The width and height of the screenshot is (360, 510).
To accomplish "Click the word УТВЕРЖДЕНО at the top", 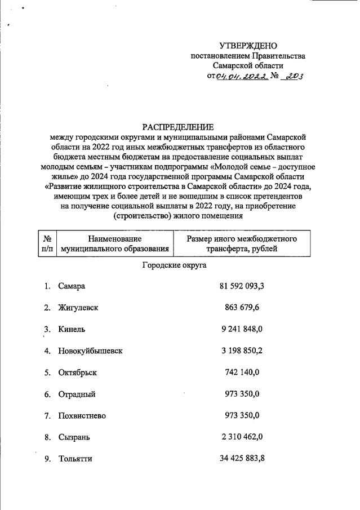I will pyautogui.click(x=248, y=46).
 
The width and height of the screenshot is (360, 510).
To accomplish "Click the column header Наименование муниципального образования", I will pyautogui.click(x=115, y=243).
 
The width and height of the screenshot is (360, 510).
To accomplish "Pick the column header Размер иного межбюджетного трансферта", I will pyautogui.click(x=242, y=243).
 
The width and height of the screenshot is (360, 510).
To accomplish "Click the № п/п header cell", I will pyautogui.click(x=47, y=243).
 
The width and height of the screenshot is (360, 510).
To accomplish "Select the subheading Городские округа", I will pyautogui.click(x=174, y=264).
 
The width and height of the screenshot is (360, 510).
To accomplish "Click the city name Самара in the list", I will pyautogui.click(x=72, y=286).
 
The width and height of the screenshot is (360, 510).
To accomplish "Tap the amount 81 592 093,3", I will pyautogui.click(x=242, y=286).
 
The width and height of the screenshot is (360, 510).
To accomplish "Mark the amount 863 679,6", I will pyautogui.click(x=242, y=308).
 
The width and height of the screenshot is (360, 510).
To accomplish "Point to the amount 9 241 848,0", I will pyautogui.click(x=242, y=329).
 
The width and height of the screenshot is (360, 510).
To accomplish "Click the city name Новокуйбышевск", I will pyautogui.click(x=90, y=351).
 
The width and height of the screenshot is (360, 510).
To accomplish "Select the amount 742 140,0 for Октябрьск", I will pyautogui.click(x=242, y=372).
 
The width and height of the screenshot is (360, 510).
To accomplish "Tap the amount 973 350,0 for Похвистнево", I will pyautogui.click(x=242, y=415).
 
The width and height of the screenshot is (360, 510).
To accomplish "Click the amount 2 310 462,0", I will pyautogui.click(x=242, y=437).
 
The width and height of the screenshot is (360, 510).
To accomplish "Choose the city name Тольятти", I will pyautogui.click(x=75, y=459).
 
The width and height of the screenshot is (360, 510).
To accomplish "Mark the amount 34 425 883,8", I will pyautogui.click(x=242, y=459).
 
